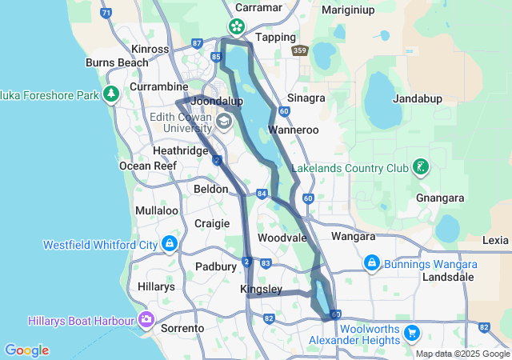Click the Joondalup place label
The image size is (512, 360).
216,102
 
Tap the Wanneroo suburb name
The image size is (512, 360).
294,128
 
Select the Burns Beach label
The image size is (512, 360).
117,62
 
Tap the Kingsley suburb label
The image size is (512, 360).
261,289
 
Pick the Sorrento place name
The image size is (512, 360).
183,328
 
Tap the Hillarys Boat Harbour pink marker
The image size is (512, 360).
146,320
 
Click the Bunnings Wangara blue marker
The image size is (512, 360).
371,262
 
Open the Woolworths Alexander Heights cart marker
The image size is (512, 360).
412,331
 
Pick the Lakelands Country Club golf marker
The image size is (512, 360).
419,167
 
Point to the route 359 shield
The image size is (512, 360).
300,50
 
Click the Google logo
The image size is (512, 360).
26,350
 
